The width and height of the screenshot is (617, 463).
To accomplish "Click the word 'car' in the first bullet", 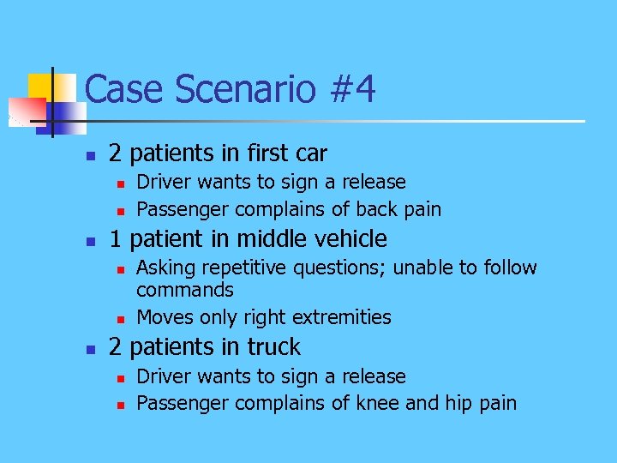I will tap(311, 154).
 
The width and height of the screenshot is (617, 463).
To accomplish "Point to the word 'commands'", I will tap(185, 291).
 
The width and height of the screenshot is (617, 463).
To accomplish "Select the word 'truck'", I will tap(272, 347).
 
